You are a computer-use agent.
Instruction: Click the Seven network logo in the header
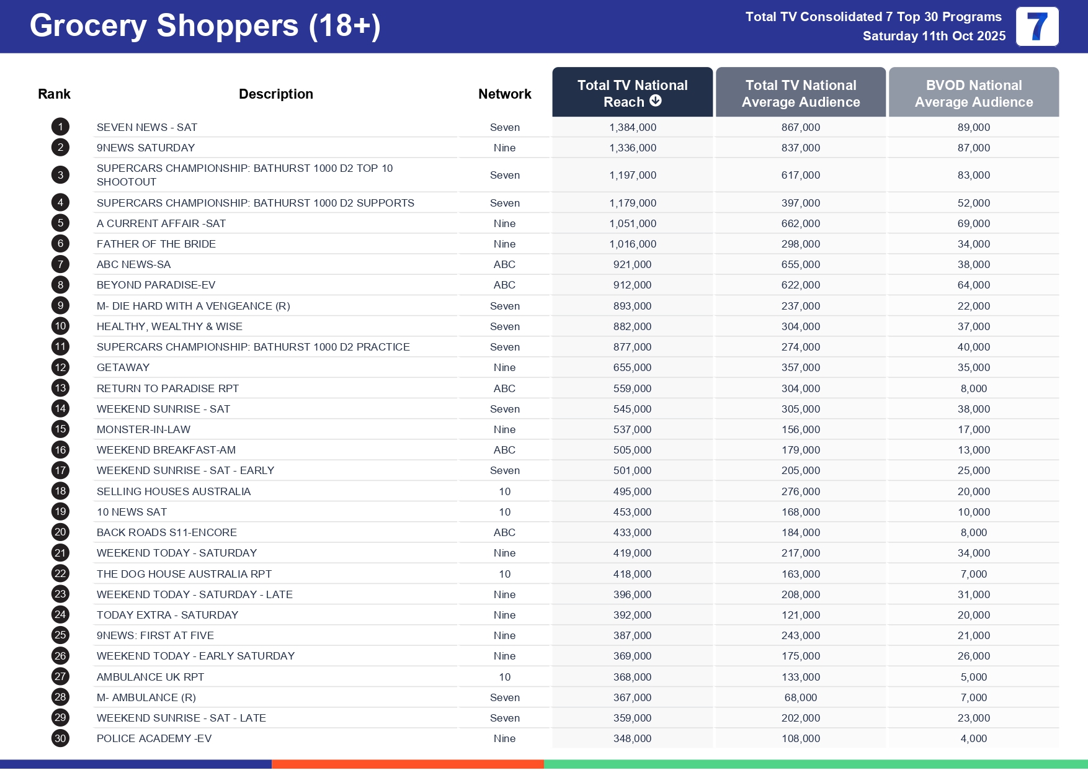click(x=1037, y=27)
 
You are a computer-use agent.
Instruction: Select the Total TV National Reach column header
click(x=632, y=93)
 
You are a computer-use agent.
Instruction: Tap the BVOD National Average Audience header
click(x=973, y=93)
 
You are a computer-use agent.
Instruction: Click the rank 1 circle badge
click(x=60, y=127)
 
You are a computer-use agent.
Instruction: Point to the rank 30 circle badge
click(x=60, y=738)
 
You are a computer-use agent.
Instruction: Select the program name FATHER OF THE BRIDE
click(x=156, y=244)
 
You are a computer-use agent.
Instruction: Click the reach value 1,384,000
click(x=633, y=127)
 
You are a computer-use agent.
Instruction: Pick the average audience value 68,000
click(x=800, y=697)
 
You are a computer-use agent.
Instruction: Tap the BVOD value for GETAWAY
click(x=973, y=367)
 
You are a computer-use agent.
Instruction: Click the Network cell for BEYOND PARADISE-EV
click(x=504, y=285)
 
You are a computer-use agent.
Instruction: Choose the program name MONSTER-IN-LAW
click(x=143, y=429)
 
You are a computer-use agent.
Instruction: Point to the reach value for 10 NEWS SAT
click(x=632, y=512)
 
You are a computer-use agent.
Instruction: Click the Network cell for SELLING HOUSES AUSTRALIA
click(x=504, y=491)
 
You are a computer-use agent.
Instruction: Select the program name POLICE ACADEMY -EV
click(x=154, y=738)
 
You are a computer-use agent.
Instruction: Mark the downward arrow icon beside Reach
click(x=656, y=101)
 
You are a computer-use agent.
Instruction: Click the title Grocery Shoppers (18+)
click(x=205, y=26)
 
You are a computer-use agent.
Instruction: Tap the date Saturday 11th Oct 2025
click(x=934, y=36)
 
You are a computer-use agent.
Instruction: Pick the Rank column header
click(x=54, y=94)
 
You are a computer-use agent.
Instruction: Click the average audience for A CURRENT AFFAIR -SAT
click(x=800, y=223)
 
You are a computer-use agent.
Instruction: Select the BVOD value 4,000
click(x=973, y=738)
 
